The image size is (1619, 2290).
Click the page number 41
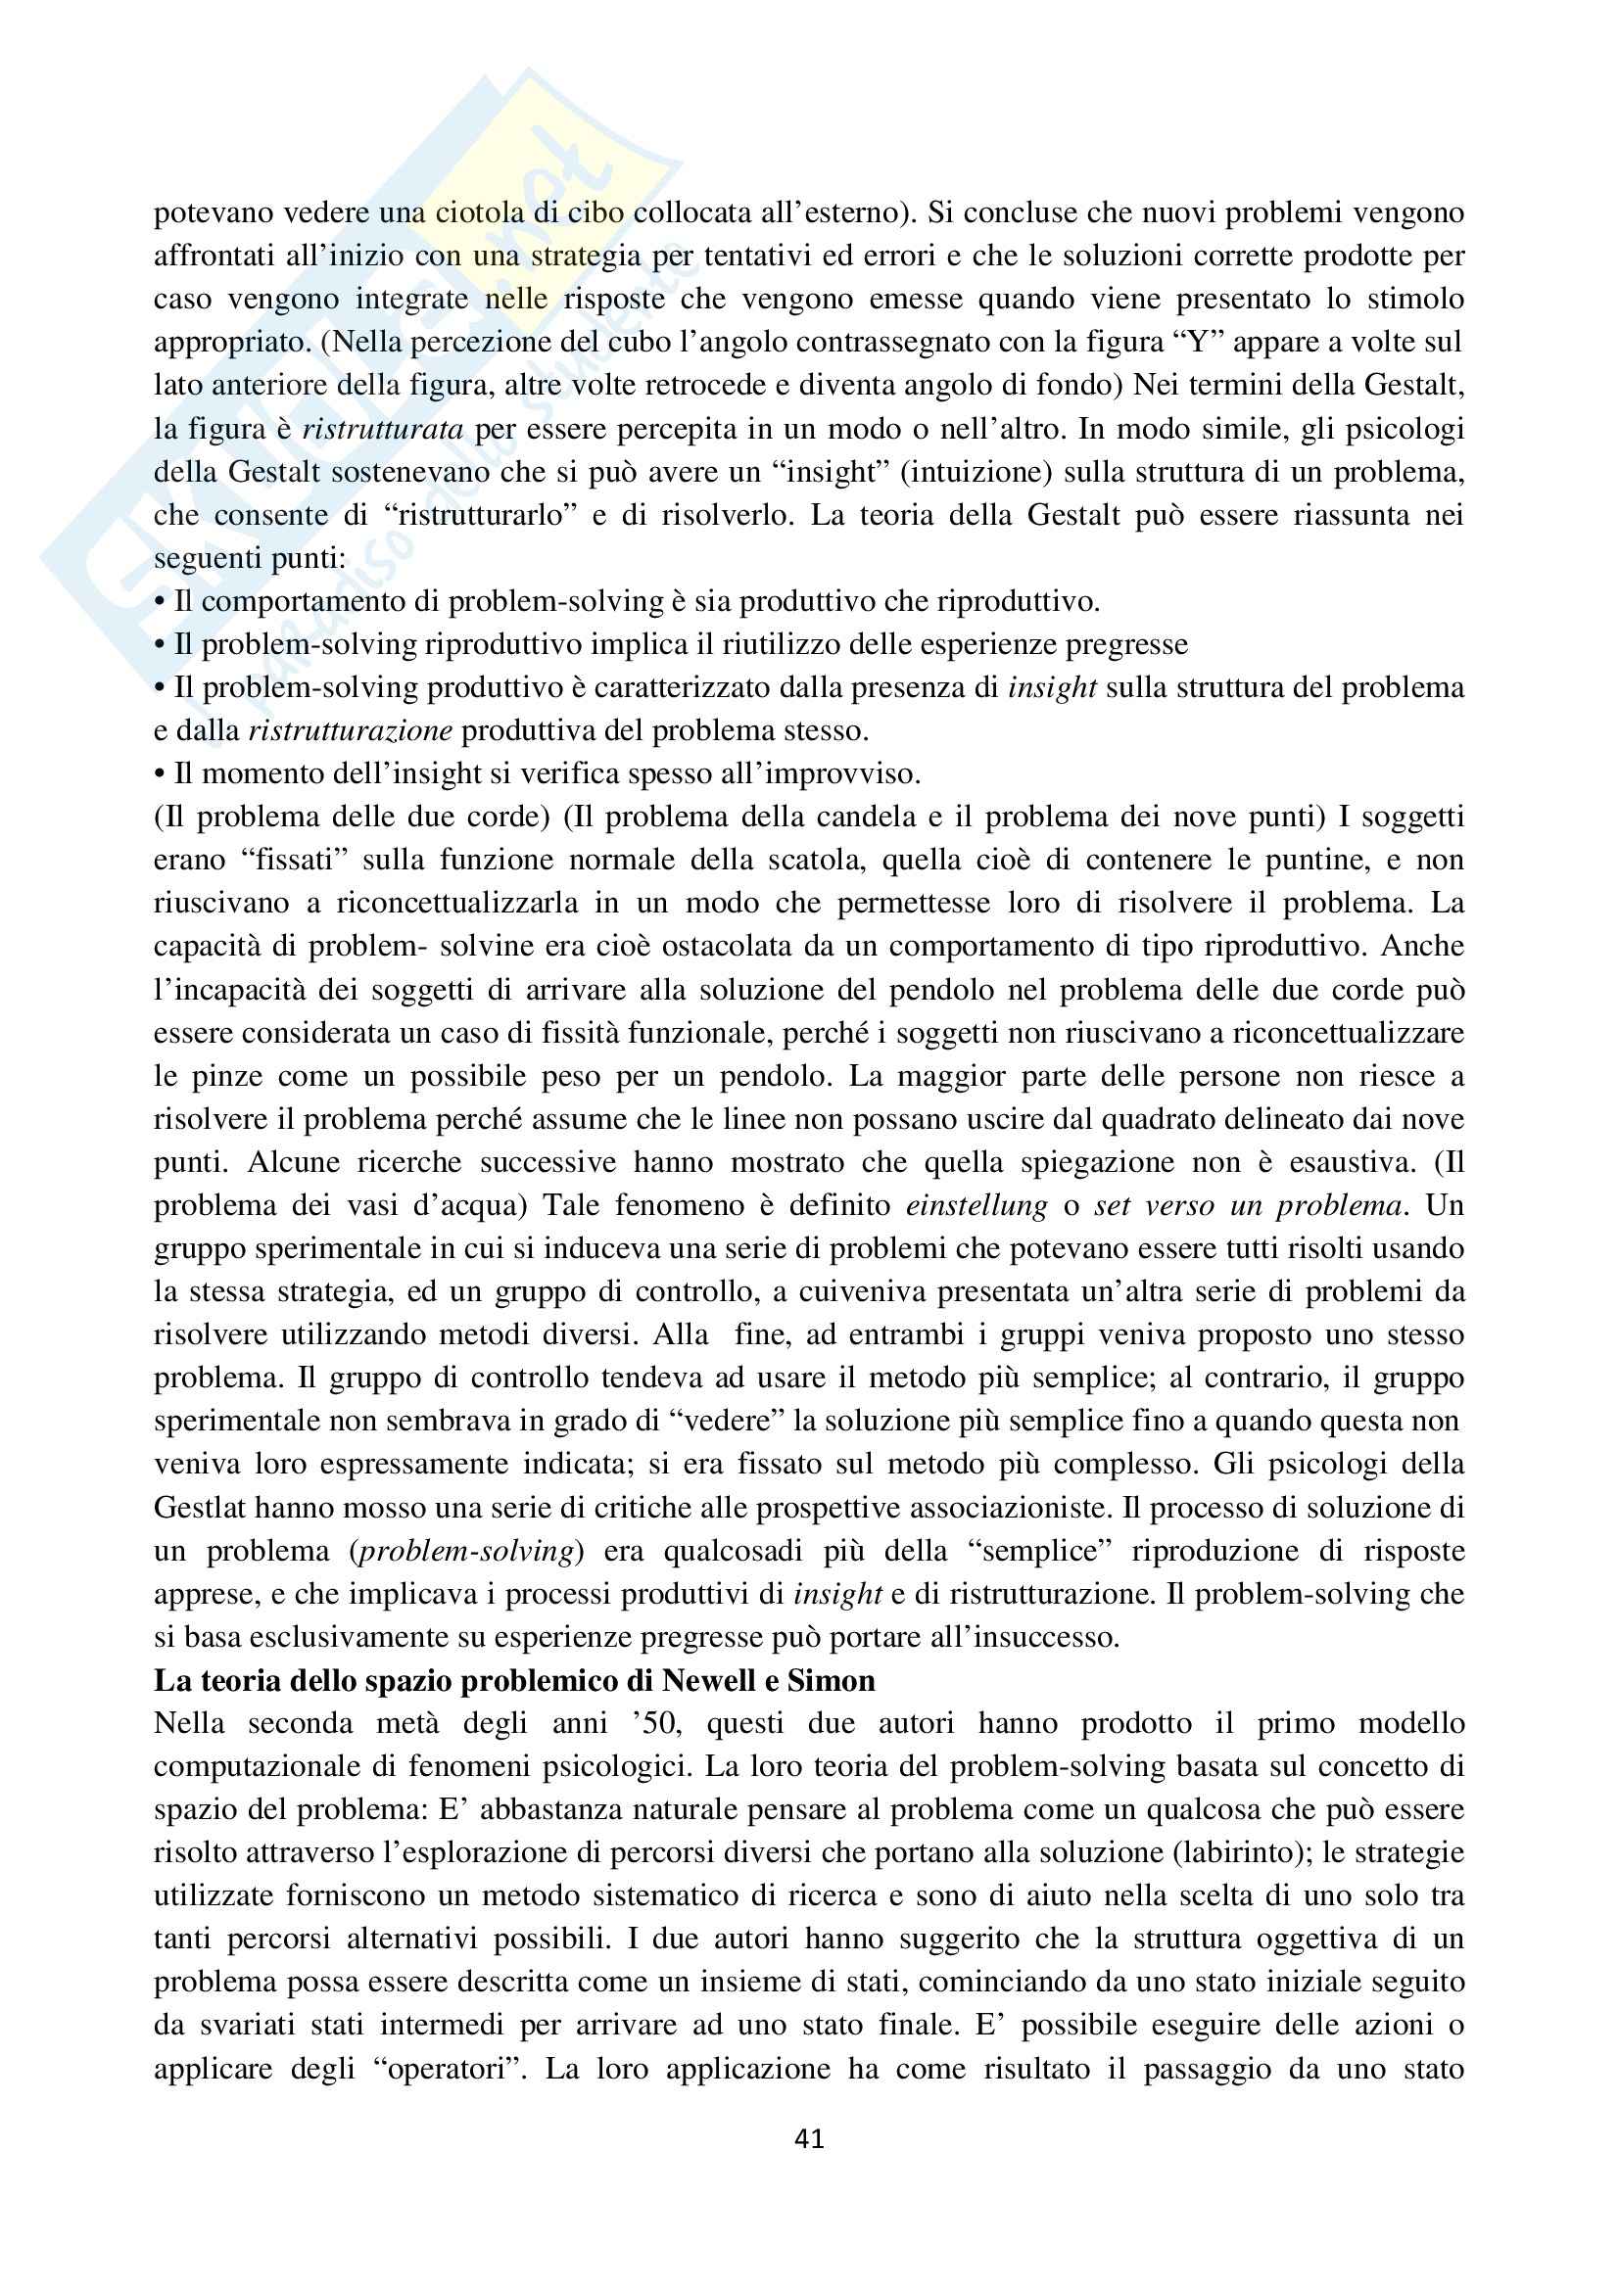coord(809,2139)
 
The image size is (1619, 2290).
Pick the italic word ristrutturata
coord(382,429)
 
